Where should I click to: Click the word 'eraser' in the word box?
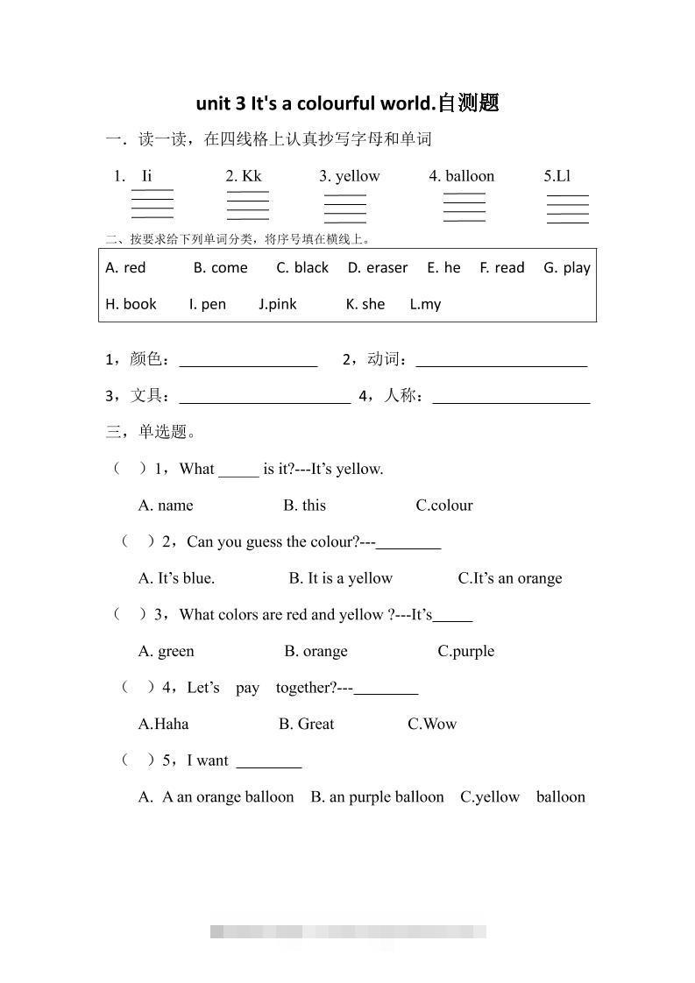click(387, 268)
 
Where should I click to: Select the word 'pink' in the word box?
click(282, 304)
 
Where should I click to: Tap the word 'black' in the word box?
click(311, 268)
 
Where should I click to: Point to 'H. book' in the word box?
click(131, 304)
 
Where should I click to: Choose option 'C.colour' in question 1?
click(444, 506)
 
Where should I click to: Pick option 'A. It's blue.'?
click(176, 578)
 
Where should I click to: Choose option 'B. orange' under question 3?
click(316, 651)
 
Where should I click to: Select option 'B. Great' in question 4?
click(306, 724)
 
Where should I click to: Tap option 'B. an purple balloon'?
click(377, 797)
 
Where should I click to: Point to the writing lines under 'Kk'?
click(248, 205)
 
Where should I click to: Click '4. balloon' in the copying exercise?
click(462, 176)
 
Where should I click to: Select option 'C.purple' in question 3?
click(466, 651)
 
